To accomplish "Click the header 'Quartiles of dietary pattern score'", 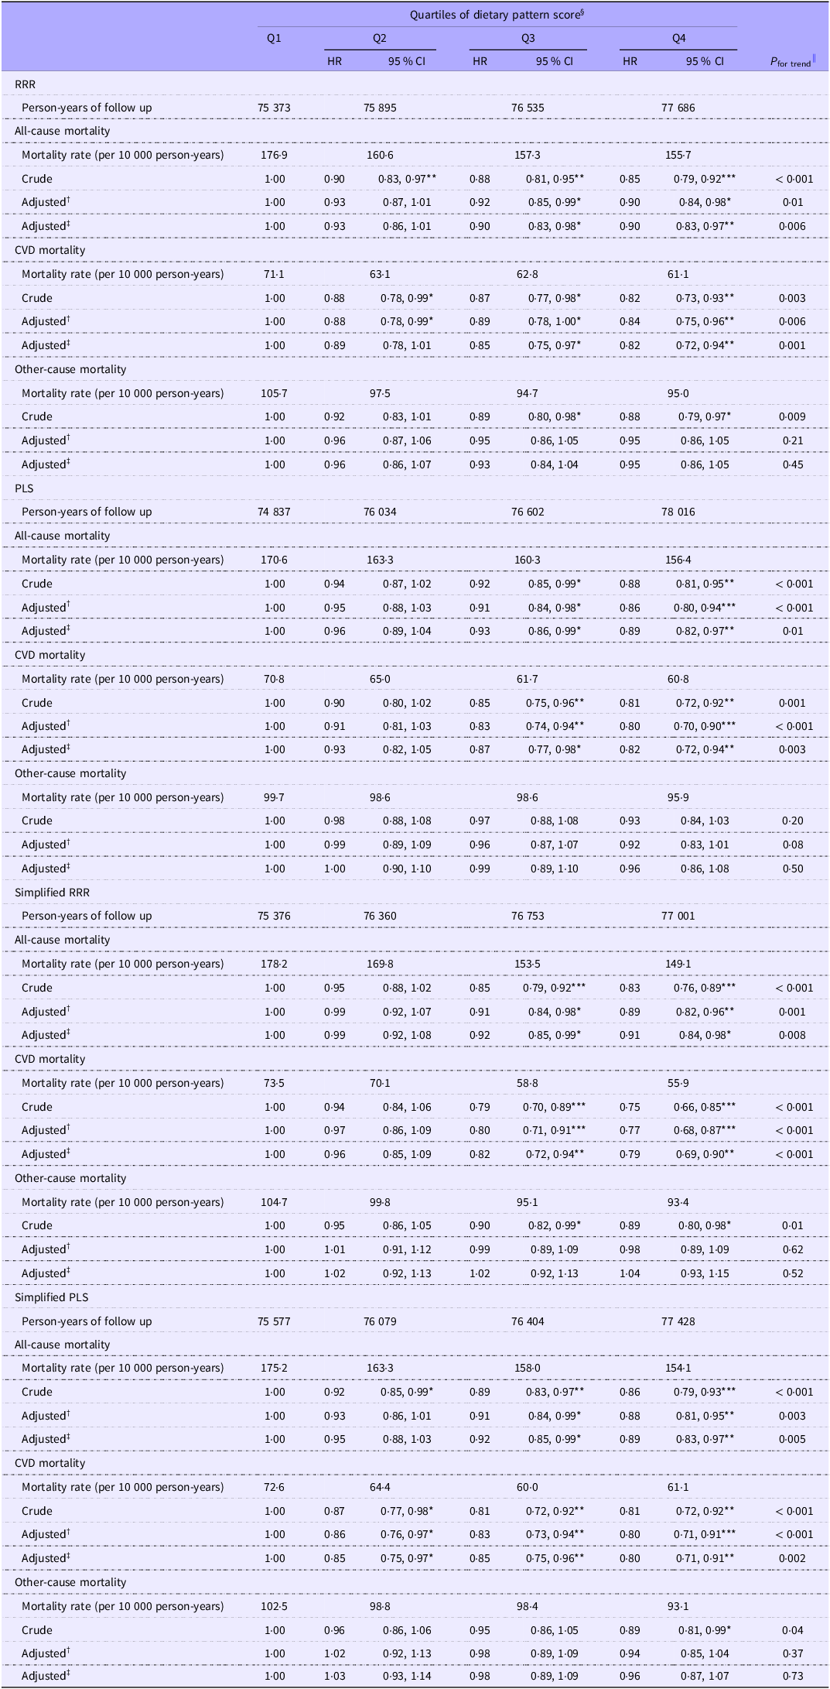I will click(497, 14).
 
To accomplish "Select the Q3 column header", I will click(528, 38).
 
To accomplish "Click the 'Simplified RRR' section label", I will click(52, 892).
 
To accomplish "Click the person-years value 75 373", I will click(274, 108).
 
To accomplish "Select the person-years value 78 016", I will click(678, 512).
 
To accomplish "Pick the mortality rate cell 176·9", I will click(274, 155).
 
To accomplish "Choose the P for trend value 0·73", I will click(793, 1676).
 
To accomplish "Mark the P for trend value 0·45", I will click(793, 464).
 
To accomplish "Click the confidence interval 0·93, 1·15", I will click(704, 1273).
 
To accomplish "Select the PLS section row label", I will click(24, 488).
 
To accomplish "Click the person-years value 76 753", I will click(528, 916).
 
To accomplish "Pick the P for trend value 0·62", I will click(793, 1249).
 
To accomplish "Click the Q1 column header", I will click(274, 38).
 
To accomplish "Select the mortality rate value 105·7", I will click(274, 393).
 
